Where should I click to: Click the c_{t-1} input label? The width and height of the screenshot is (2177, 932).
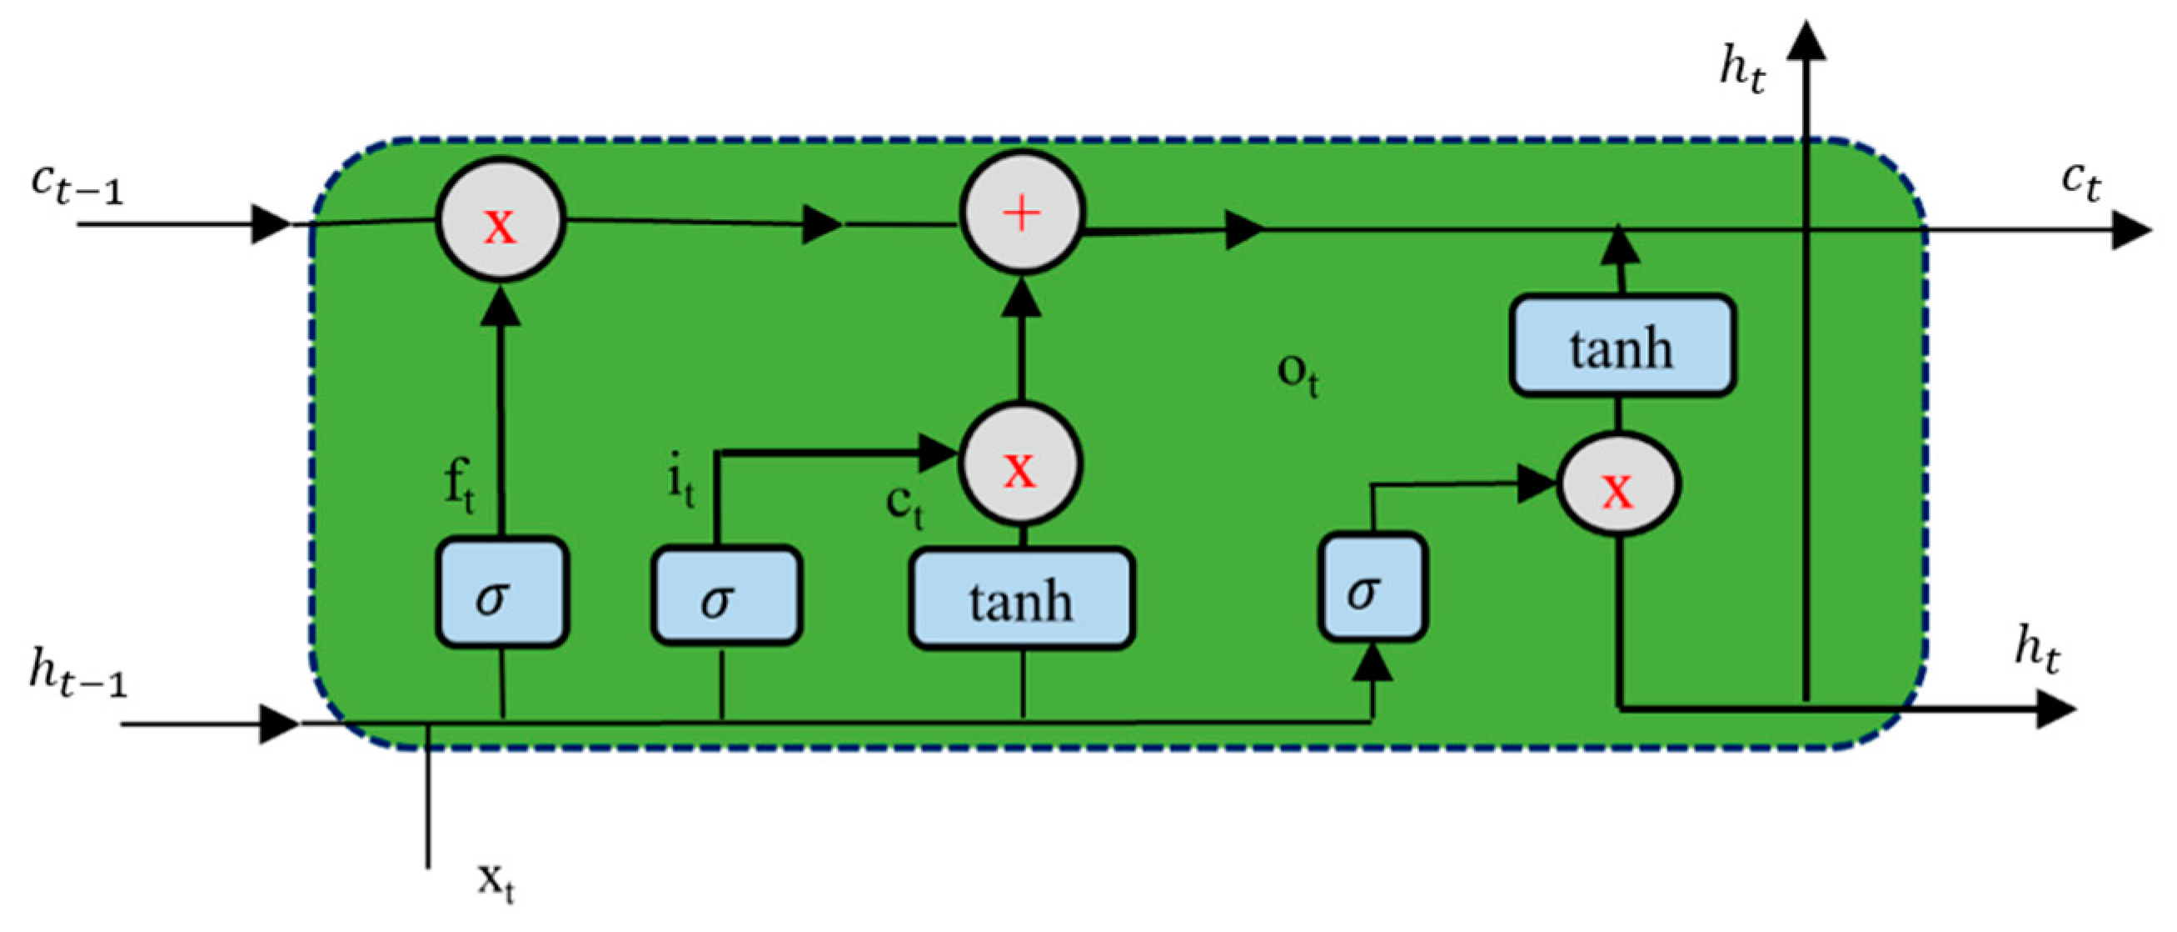point(76,184)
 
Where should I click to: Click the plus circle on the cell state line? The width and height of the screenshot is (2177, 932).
point(1021,213)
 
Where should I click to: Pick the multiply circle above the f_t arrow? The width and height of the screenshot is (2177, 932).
point(500,220)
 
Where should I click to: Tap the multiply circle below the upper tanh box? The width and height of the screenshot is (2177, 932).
point(1617,485)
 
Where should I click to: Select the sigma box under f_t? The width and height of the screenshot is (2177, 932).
point(501,593)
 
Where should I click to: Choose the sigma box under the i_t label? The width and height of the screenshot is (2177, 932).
point(725,596)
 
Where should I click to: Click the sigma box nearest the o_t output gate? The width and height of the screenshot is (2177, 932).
point(1372,587)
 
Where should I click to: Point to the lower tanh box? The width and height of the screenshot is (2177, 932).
point(1021,599)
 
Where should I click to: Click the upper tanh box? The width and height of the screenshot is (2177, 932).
point(1622,345)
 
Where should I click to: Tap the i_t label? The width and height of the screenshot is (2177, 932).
point(681,484)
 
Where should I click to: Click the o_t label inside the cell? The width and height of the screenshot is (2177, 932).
point(1297,373)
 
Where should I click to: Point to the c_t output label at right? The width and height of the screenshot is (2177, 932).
point(2080,180)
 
